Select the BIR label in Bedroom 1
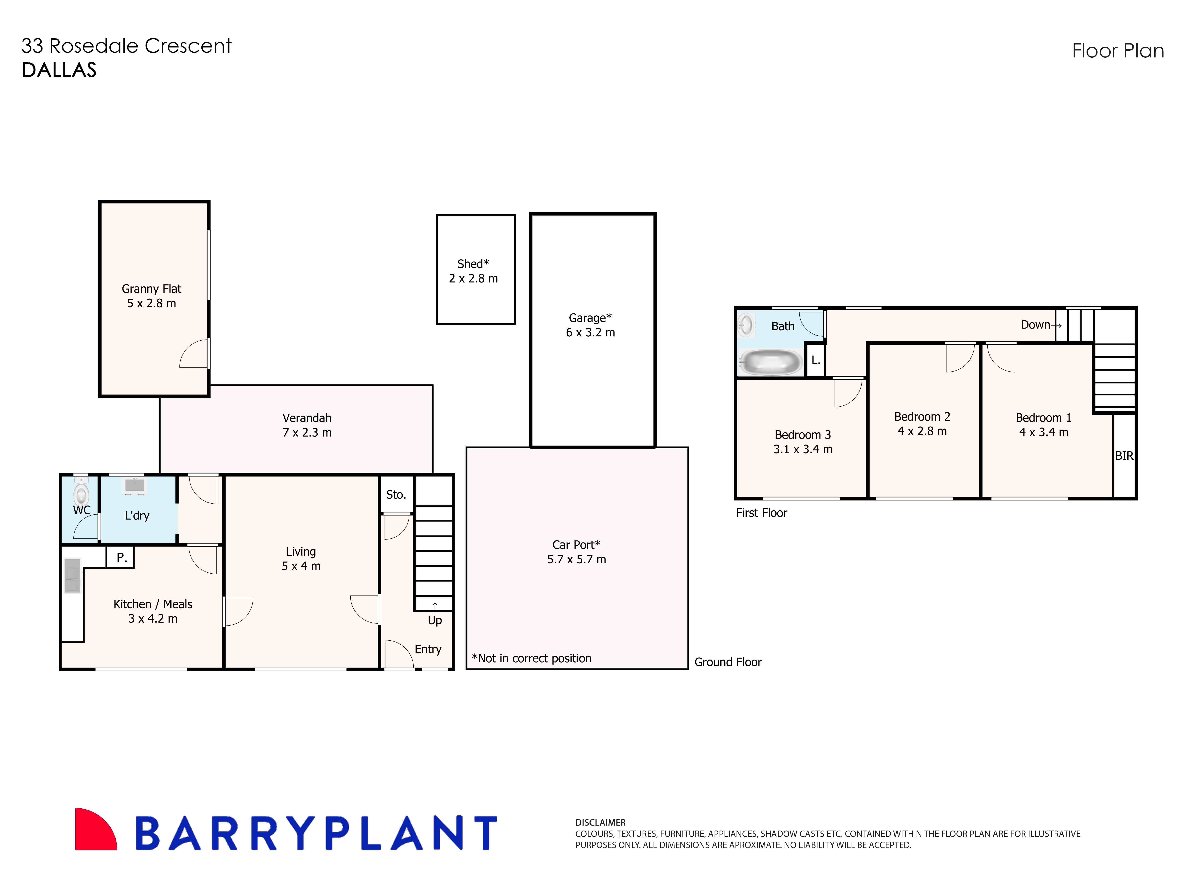tap(1124, 456)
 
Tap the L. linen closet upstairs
tap(815, 360)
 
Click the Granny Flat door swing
tap(195, 354)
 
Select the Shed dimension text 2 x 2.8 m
tap(473, 278)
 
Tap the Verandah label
tap(307, 418)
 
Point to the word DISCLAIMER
tap(600, 822)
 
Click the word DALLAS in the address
tap(59, 70)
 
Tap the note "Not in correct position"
tap(531, 658)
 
